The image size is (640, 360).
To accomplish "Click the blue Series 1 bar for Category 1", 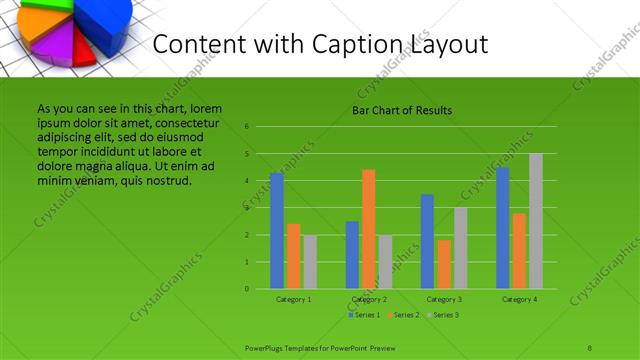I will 277,231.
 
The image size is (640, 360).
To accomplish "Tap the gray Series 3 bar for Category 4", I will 536,221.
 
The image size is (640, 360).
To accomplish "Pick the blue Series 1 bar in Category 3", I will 427,241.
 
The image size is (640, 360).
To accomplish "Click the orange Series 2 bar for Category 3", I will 444,264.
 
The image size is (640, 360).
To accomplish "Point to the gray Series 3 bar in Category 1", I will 310,262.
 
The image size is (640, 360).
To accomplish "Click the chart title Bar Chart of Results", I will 403,110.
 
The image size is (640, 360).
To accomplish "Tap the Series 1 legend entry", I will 365,315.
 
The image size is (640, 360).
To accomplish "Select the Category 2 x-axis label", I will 369,299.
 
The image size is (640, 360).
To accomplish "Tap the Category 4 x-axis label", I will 520,299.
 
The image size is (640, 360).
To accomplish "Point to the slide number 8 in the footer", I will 590,346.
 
